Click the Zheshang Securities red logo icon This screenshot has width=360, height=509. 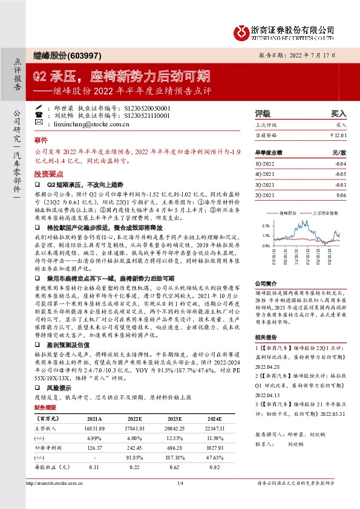[241, 29]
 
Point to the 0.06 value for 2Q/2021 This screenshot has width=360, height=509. [341, 195]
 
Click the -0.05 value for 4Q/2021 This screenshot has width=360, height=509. [341, 174]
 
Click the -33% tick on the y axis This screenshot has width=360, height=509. [266, 245]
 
